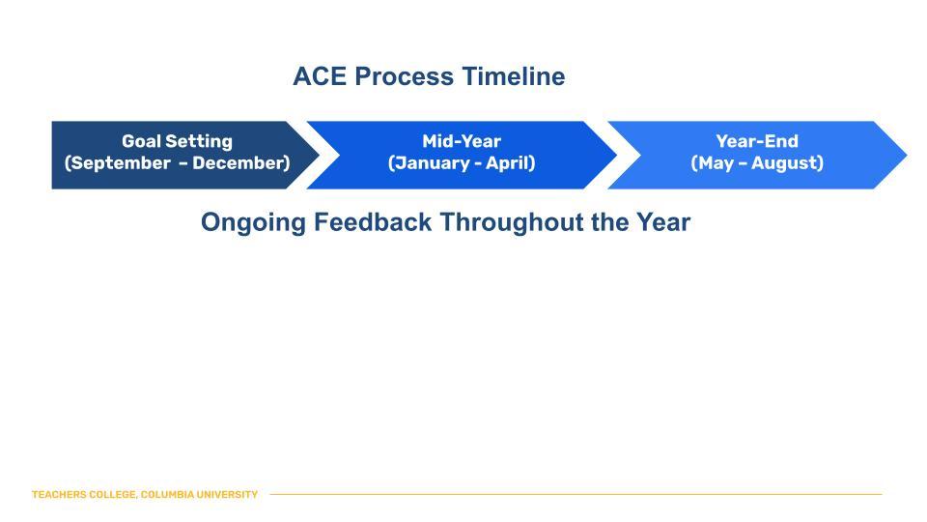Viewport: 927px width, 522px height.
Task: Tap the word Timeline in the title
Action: pyautogui.click(x=510, y=77)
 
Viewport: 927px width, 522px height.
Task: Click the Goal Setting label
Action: pyautogui.click(x=177, y=141)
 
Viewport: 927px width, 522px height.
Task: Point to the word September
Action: pyautogui.click(x=117, y=163)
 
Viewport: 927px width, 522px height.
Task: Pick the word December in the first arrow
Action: pyautogui.click(x=240, y=163)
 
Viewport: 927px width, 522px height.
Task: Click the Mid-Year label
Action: pyautogui.click(x=462, y=141)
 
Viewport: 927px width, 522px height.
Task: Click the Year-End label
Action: pyautogui.click(x=757, y=141)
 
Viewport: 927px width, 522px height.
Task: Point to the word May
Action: pyautogui.click(x=716, y=163)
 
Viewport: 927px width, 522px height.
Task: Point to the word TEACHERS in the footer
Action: pyautogui.click(x=57, y=495)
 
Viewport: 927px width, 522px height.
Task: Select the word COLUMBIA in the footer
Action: pyautogui.click(x=167, y=495)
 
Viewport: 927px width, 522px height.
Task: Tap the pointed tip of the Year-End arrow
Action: pyautogui.click(x=905, y=155)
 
